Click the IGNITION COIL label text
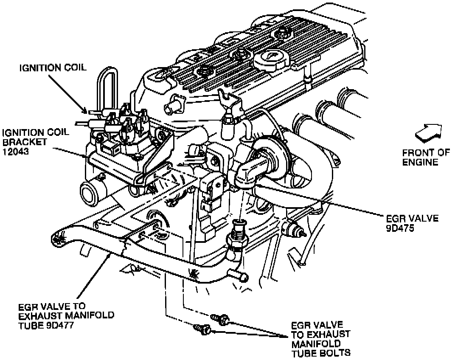(x=53, y=67)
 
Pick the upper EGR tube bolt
(x=220, y=317)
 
